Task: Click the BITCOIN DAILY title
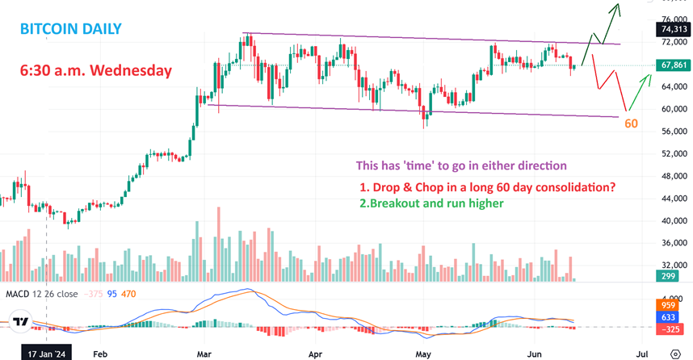71,29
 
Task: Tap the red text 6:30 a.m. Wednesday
96,70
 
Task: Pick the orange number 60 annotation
632,123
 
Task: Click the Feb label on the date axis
100,353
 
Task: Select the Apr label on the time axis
316,353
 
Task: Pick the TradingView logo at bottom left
20,322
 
